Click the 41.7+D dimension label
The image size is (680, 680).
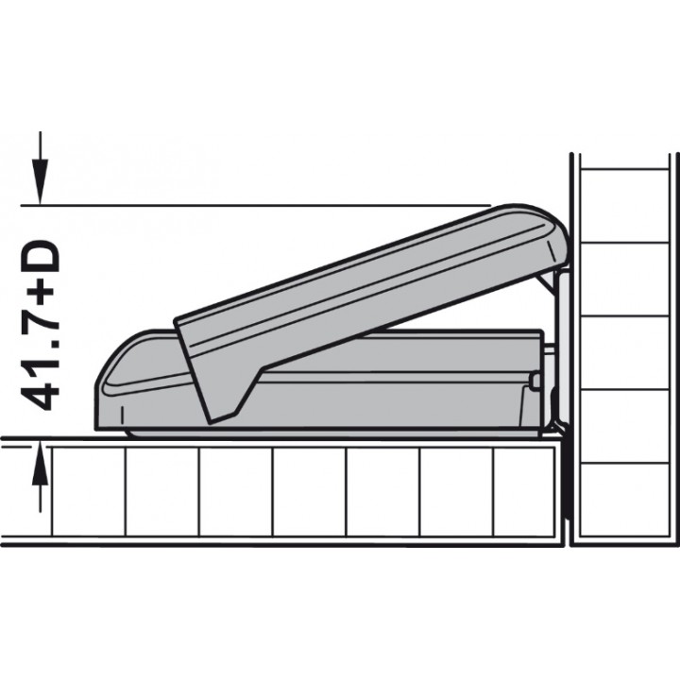tap(40, 326)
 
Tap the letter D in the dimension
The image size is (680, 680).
tap(40, 258)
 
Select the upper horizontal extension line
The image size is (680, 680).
tap(256, 205)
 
